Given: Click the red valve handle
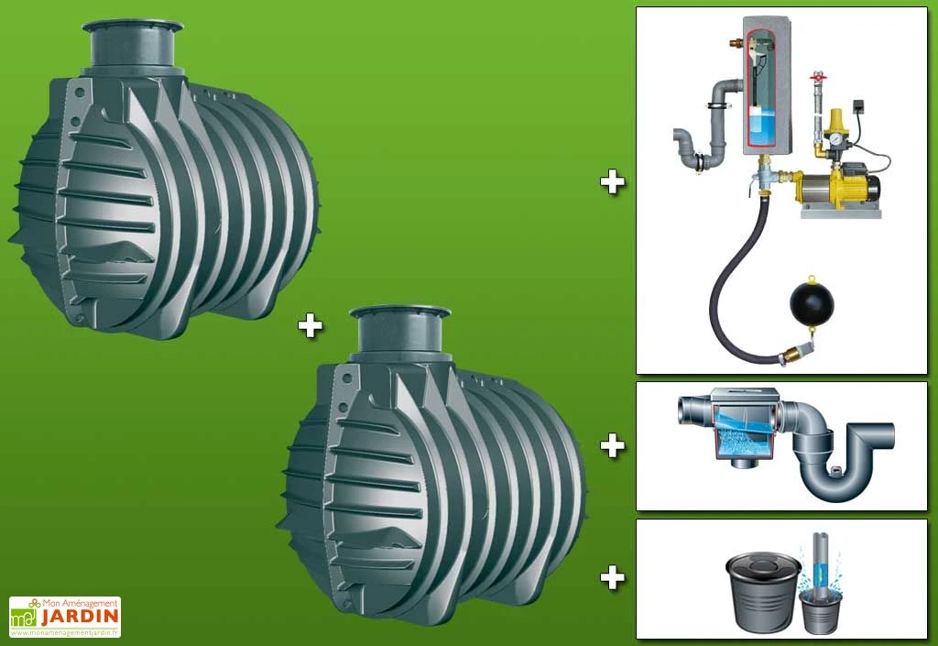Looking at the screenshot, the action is point(815,77).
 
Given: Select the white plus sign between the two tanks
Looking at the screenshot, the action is point(310,326).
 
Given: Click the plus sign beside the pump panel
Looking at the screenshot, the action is point(612,182).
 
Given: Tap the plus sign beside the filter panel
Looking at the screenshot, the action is point(612,445).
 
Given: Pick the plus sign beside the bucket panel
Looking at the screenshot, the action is point(612,578).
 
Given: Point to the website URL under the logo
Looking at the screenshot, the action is point(65,632).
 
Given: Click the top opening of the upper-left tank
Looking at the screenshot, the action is point(132,27).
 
